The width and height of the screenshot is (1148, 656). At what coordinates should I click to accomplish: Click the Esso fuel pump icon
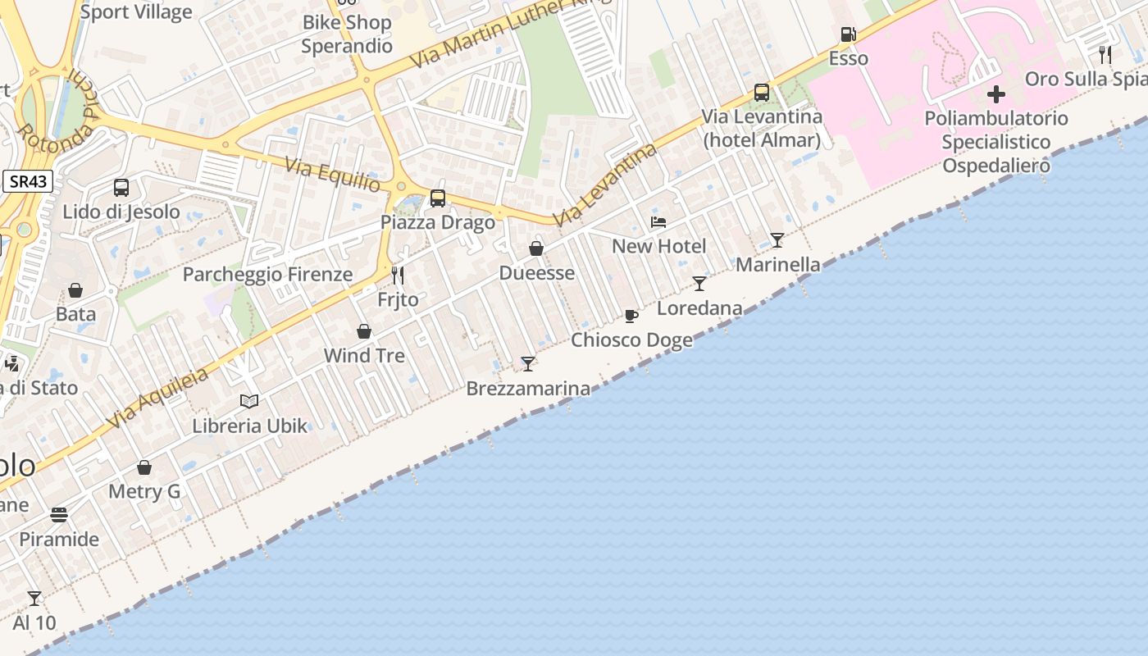coord(848,34)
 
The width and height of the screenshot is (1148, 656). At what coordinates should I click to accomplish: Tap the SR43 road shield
coord(28,182)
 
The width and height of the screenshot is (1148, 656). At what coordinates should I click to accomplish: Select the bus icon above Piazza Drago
coord(438,198)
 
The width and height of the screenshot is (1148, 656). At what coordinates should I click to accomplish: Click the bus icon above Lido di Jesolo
coord(121,188)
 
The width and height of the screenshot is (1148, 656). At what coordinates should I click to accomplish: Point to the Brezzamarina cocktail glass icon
coord(528,363)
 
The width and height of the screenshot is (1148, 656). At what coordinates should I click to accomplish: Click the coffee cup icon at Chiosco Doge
coord(631,316)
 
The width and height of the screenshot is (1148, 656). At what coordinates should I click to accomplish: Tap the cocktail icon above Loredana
coord(699,284)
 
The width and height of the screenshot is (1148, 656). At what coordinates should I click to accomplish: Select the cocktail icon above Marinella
coord(777,240)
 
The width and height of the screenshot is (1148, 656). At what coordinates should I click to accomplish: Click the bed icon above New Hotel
coord(658,221)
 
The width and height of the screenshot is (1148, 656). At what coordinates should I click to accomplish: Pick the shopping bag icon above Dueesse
coord(536,248)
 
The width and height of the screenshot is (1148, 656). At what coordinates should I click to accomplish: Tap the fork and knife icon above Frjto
coord(398,275)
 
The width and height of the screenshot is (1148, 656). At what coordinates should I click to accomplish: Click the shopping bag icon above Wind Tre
coord(364,331)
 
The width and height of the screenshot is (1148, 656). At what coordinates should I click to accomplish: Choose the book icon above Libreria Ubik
coord(249,401)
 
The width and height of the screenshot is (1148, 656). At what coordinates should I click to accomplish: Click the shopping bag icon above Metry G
coord(144,467)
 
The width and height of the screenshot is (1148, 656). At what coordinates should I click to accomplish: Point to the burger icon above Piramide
coord(59,515)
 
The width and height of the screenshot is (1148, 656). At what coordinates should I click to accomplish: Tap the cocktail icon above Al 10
coord(34,599)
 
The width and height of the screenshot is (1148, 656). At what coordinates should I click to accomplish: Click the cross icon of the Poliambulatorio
coord(995,93)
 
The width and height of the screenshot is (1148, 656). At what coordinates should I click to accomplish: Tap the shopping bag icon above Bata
coord(75,290)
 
